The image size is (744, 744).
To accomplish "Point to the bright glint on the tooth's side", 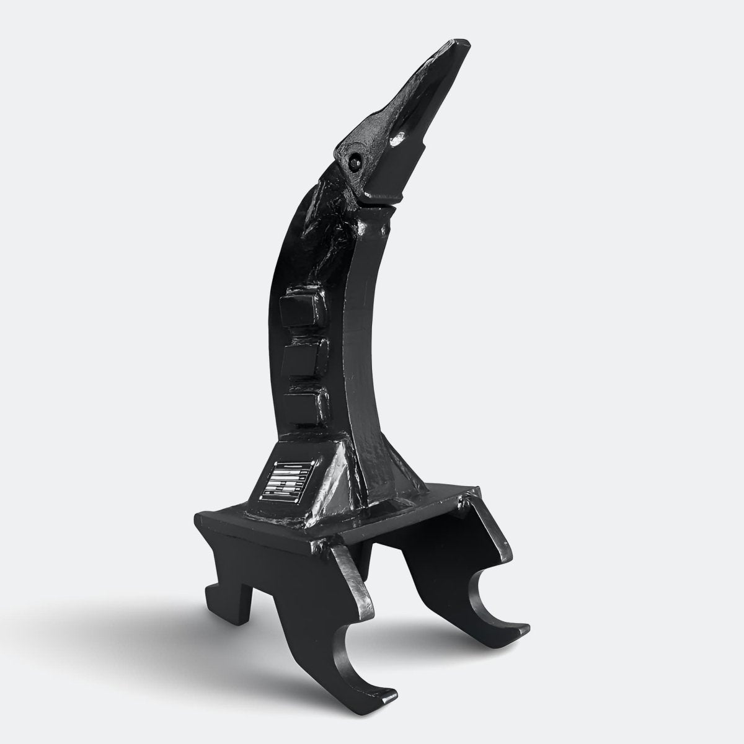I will coord(396,143).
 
